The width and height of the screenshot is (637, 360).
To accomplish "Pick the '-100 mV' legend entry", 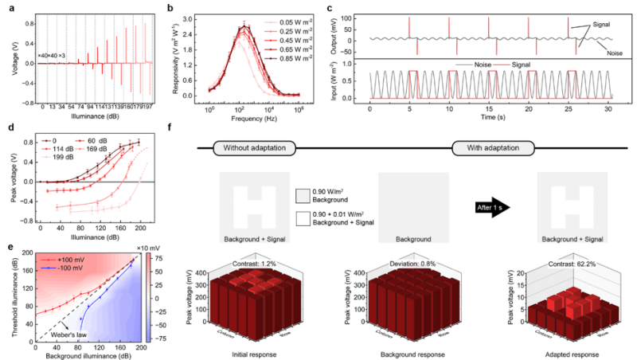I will pos(61,269).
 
